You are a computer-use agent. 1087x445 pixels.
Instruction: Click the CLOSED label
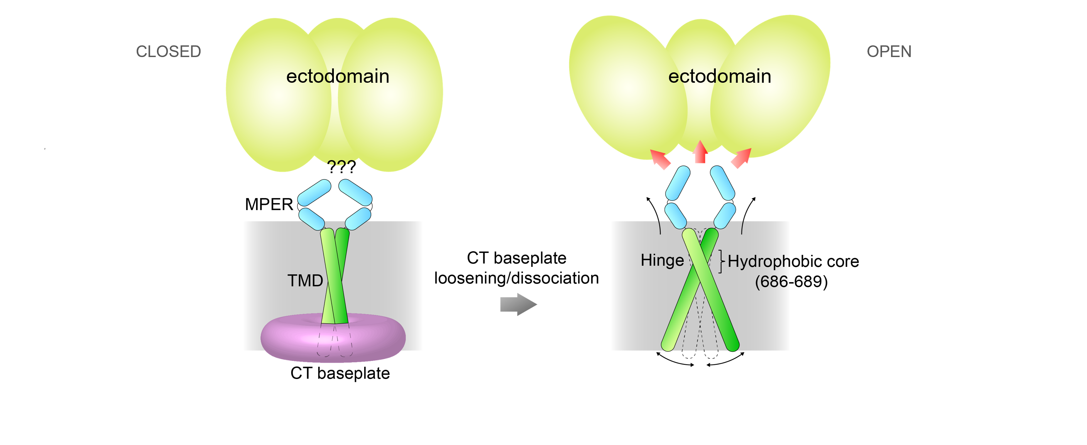pos(168,51)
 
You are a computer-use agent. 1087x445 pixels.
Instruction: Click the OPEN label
pos(889,51)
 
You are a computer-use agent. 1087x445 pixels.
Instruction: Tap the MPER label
pos(269,204)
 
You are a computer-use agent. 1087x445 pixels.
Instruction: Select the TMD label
pos(305,281)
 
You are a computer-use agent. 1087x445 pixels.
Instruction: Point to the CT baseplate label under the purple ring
pos(340,373)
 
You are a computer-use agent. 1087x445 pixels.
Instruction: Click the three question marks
pos(342,167)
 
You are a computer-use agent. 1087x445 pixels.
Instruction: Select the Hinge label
pos(662,260)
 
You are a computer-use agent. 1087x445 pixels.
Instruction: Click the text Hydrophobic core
pos(793,262)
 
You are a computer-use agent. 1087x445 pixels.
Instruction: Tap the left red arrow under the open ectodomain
pos(660,159)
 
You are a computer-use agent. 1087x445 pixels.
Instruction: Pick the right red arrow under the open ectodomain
pos(741,158)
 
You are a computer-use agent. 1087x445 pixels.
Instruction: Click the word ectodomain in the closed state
pos(338,76)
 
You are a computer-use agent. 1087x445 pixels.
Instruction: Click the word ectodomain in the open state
pos(719,76)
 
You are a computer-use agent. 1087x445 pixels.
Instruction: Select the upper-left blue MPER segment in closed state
pos(314,192)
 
